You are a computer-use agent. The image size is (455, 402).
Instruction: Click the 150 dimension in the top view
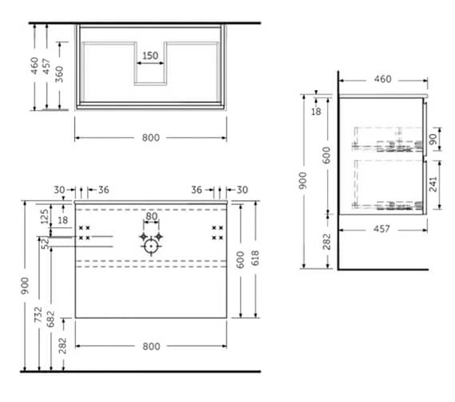[150, 57]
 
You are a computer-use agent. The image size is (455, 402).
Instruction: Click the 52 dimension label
[45, 244]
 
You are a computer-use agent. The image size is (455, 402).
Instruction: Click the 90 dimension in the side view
[433, 139]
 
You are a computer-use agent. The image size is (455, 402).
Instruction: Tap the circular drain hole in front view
[150, 246]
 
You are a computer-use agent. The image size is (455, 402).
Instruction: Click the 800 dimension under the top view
[151, 137]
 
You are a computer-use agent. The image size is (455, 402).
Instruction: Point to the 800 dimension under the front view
[151, 346]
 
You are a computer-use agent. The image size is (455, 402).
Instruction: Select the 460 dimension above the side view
[382, 79]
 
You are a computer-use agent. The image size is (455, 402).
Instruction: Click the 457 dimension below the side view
[382, 229]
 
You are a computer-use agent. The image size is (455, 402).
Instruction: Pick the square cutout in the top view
[150, 72]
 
